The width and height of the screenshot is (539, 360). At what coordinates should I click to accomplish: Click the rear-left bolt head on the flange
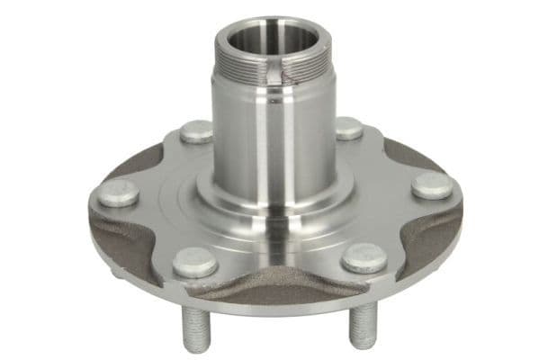tap(196, 131)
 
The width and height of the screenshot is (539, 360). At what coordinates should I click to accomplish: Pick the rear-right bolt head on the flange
tap(348, 128)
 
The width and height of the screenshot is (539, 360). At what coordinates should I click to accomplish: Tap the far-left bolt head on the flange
tap(118, 193)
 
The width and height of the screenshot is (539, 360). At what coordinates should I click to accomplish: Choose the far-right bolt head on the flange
tap(433, 185)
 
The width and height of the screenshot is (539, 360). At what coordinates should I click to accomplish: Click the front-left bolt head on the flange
tap(194, 262)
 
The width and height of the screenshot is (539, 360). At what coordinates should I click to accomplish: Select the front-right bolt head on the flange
tap(364, 257)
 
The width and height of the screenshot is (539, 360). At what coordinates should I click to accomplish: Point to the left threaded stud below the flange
tap(195, 323)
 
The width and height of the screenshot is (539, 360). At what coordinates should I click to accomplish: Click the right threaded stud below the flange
tap(362, 324)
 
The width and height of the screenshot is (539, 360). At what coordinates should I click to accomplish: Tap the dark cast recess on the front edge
tap(279, 286)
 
